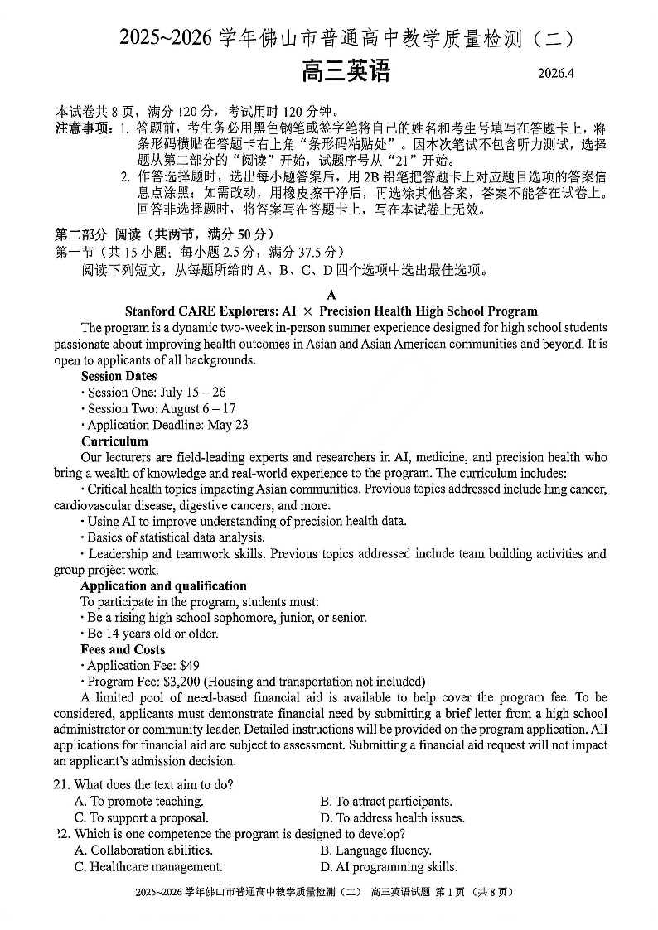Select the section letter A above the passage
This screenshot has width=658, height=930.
click(x=331, y=295)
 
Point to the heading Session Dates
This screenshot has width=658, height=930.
click(x=119, y=376)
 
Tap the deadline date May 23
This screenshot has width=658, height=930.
click(x=231, y=425)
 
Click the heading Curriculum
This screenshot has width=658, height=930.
click(x=114, y=441)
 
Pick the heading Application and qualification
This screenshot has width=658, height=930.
click(x=163, y=586)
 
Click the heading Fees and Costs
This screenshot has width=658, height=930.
click(x=123, y=650)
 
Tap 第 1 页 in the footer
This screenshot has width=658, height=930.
click(x=454, y=893)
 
